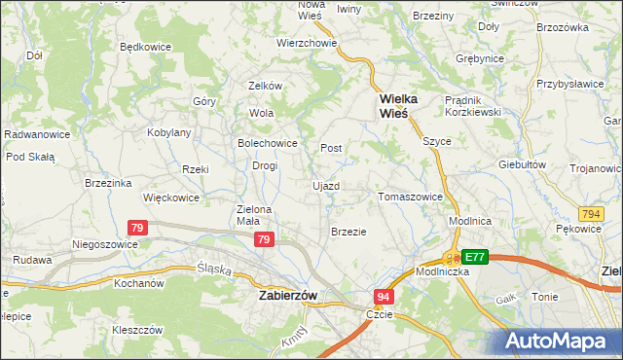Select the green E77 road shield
coord(474,257)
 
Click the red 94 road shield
coord(385,296)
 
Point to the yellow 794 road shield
coord(589,213)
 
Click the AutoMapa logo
coord(561,341)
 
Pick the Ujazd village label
coord(325,185)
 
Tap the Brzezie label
coord(348,232)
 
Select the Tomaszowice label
coord(410,197)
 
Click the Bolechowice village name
coord(268,143)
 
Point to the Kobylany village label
coord(168,132)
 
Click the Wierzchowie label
coord(307,43)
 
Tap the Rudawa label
coord(32,260)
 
